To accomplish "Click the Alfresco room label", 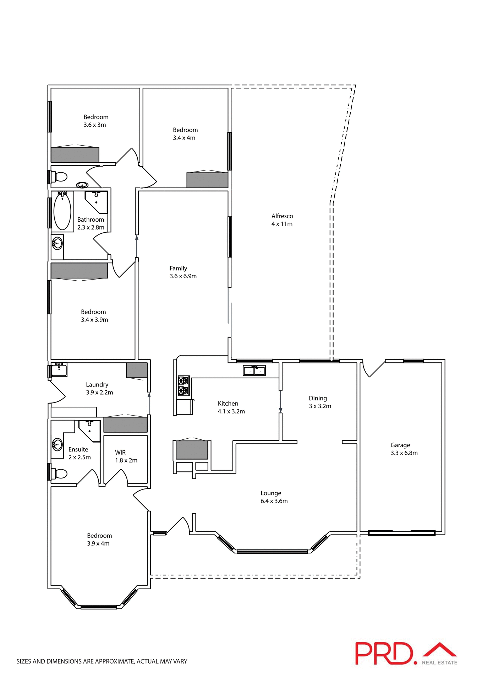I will coord(282,216).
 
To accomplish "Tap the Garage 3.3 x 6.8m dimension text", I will coord(404,453).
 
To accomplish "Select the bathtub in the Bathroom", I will coord(62,211).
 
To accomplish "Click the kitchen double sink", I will coord(254,370).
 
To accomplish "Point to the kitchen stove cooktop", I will coord(183,386).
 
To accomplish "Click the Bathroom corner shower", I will coord(97,201).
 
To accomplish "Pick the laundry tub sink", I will coord(59,370).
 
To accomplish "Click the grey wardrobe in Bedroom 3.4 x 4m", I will coord(207,180).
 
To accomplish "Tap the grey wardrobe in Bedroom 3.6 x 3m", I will coord(75,155).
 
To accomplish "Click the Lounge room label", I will coord(271,493).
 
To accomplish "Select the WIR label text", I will coord(120,453).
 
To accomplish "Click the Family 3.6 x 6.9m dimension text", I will coord(183,276).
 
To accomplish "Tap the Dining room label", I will coord(318,398).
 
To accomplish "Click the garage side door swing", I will coord(373,369).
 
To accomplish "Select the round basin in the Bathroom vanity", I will coord(57,243).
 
